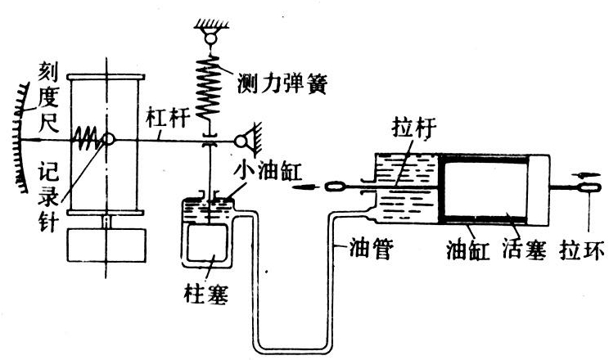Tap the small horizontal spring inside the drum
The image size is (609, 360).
88,139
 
